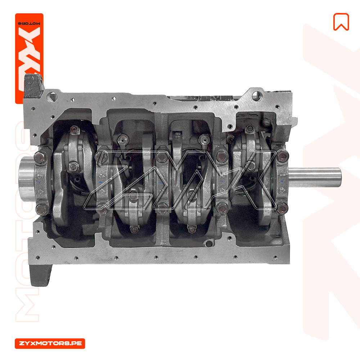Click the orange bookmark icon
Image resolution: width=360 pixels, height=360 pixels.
pyautogui.click(x=341, y=22)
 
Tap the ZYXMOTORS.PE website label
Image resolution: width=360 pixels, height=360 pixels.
pyautogui.click(x=50, y=343)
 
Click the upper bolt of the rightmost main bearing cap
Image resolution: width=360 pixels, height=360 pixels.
pyautogui.click(x=283, y=156)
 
